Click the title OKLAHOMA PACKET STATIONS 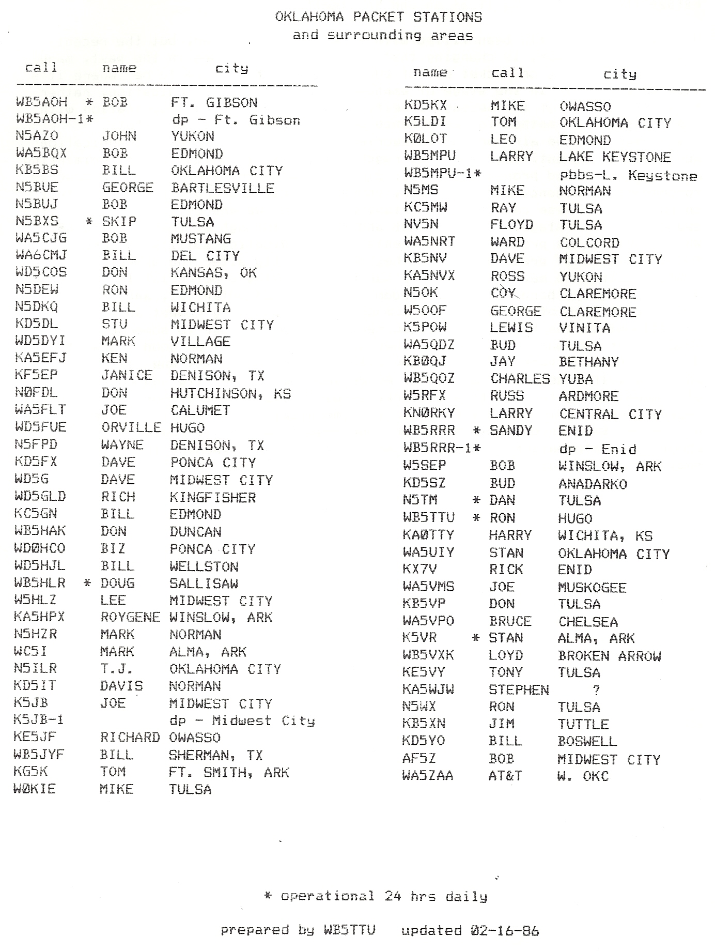(378, 17)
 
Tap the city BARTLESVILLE (222, 188)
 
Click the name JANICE (127, 375)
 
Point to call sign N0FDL (36, 393)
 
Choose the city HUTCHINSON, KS (230, 393)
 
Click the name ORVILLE (131, 427)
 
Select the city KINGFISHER (212, 497)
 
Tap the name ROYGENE (130, 617)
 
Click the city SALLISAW (204, 583)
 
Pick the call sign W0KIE (35, 789)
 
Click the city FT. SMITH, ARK (229, 772)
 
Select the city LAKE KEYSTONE (615, 157)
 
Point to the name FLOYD (511, 224)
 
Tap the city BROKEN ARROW (609, 655)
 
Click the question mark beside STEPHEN (597, 689)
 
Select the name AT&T (505, 776)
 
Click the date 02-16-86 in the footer (505, 931)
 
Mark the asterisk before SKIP (89, 222)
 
